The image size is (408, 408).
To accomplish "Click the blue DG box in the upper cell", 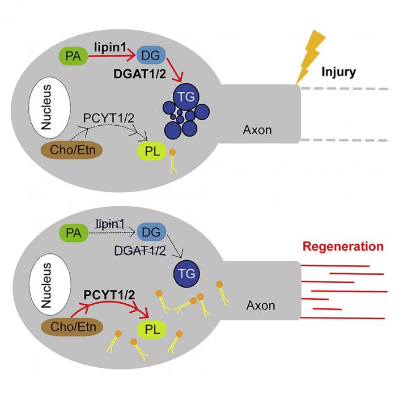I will (152, 55).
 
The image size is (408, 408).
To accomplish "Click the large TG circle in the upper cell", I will (181, 97).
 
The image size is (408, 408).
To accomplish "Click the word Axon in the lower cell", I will (261, 306).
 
